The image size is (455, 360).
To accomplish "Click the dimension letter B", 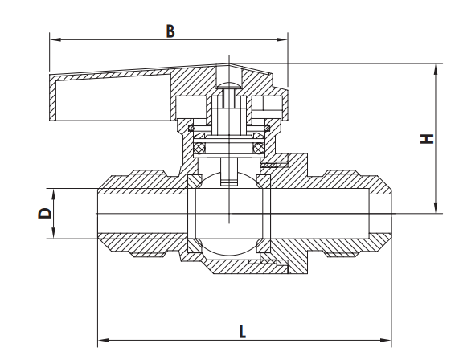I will point(170,31).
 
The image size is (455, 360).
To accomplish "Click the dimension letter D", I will point(45,213).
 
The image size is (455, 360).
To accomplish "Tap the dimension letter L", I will point(243,330).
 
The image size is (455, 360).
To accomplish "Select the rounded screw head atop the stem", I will point(230,84).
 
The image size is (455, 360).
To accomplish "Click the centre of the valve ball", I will point(230,213).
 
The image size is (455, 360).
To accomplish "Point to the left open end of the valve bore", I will point(97,213).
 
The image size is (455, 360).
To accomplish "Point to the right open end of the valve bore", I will point(389,213).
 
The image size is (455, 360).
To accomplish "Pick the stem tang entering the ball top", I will point(230,178).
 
